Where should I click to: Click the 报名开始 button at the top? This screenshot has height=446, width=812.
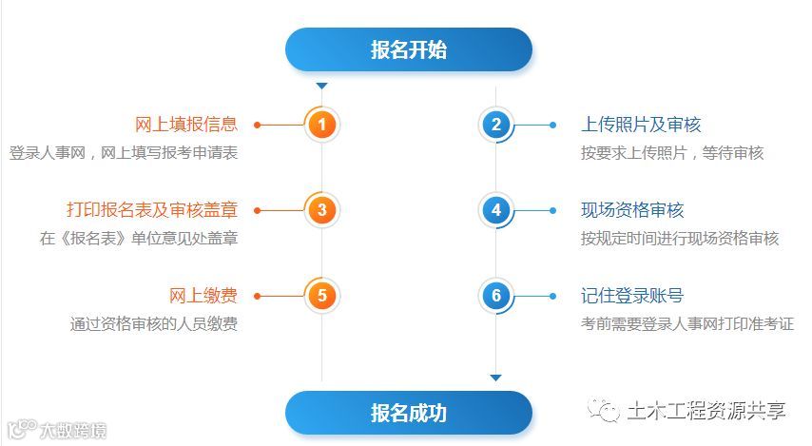(x=409, y=49)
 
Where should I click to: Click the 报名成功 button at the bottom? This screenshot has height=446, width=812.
(x=409, y=413)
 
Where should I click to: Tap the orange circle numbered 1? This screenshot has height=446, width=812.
(x=322, y=125)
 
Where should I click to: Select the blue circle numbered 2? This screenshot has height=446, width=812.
(x=495, y=125)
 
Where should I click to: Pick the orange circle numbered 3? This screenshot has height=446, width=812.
(x=322, y=210)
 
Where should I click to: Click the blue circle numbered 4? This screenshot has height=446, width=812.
(x=495, y=210)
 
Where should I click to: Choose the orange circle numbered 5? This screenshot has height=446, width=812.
(x=322, y=296)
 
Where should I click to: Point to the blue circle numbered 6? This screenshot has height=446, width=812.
(x=495, y=296)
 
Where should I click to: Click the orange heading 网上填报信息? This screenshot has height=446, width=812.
(x=185, y=125)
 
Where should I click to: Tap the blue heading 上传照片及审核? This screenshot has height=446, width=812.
(x=641, y=125)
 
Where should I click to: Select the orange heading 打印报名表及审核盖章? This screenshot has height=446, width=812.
(x=151, y=210)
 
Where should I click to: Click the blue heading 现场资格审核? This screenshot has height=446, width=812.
(x=632, y=210)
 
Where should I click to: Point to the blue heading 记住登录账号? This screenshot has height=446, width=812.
(x=632, y=296)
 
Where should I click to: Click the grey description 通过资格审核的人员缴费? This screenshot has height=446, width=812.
(x=153, y=324)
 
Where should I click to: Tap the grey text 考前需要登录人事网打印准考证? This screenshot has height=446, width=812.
(x=687, y=324)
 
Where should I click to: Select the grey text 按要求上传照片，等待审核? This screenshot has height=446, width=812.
(x=672, y=153)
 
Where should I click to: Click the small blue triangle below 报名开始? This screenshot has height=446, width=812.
(x=321, y=87)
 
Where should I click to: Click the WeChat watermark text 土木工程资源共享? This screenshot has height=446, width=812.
(x=706, y=411)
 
